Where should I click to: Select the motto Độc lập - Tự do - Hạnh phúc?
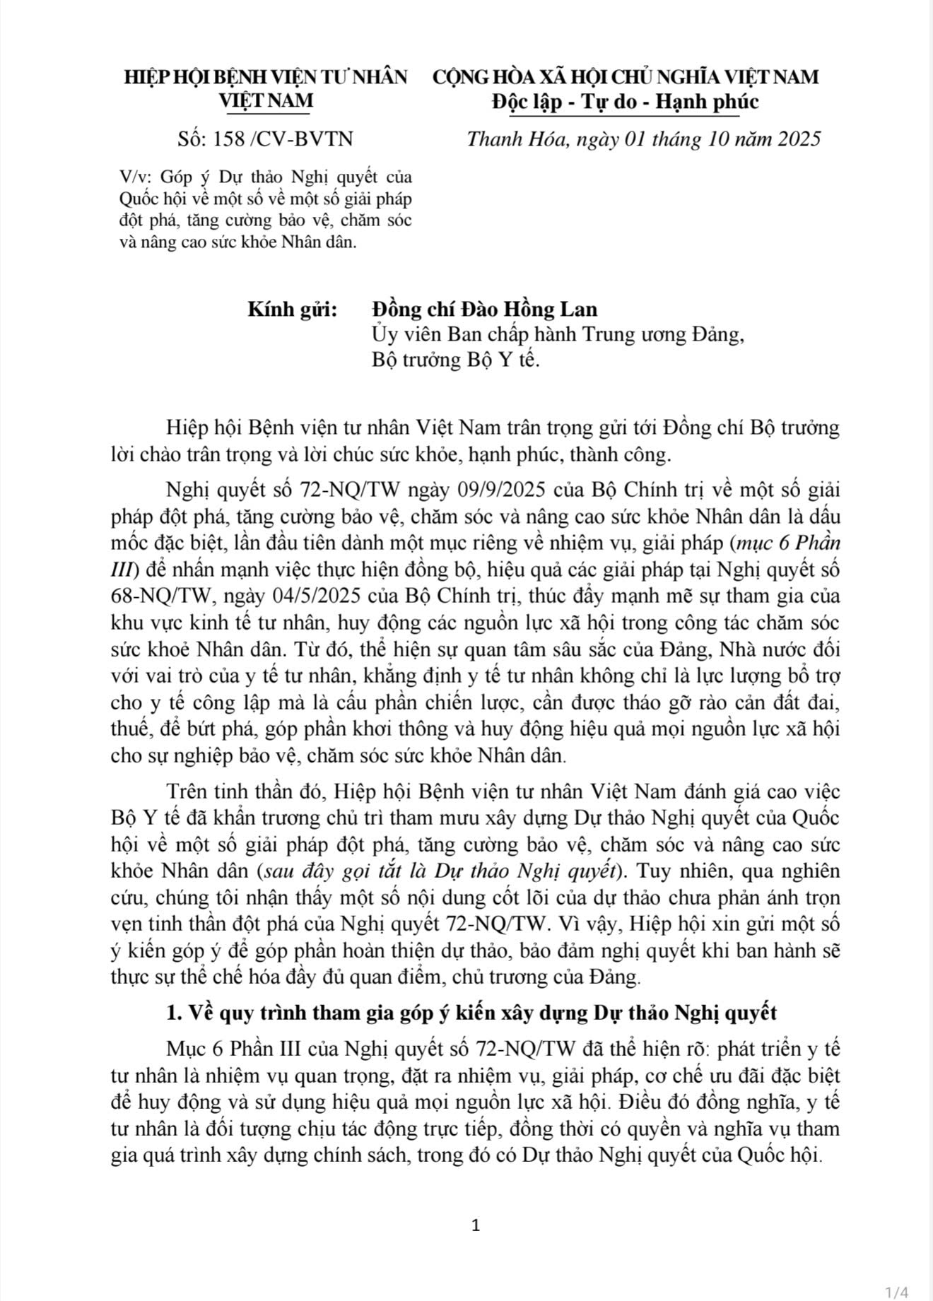[x=626, y=102]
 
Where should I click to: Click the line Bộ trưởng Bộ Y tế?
[x=455, y=360]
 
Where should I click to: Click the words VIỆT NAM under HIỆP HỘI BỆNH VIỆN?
[x=266, y=102]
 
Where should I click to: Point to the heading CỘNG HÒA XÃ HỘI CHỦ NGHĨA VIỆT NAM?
[x=626, y=76]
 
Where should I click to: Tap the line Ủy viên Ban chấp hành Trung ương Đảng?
[x=558, y=335]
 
